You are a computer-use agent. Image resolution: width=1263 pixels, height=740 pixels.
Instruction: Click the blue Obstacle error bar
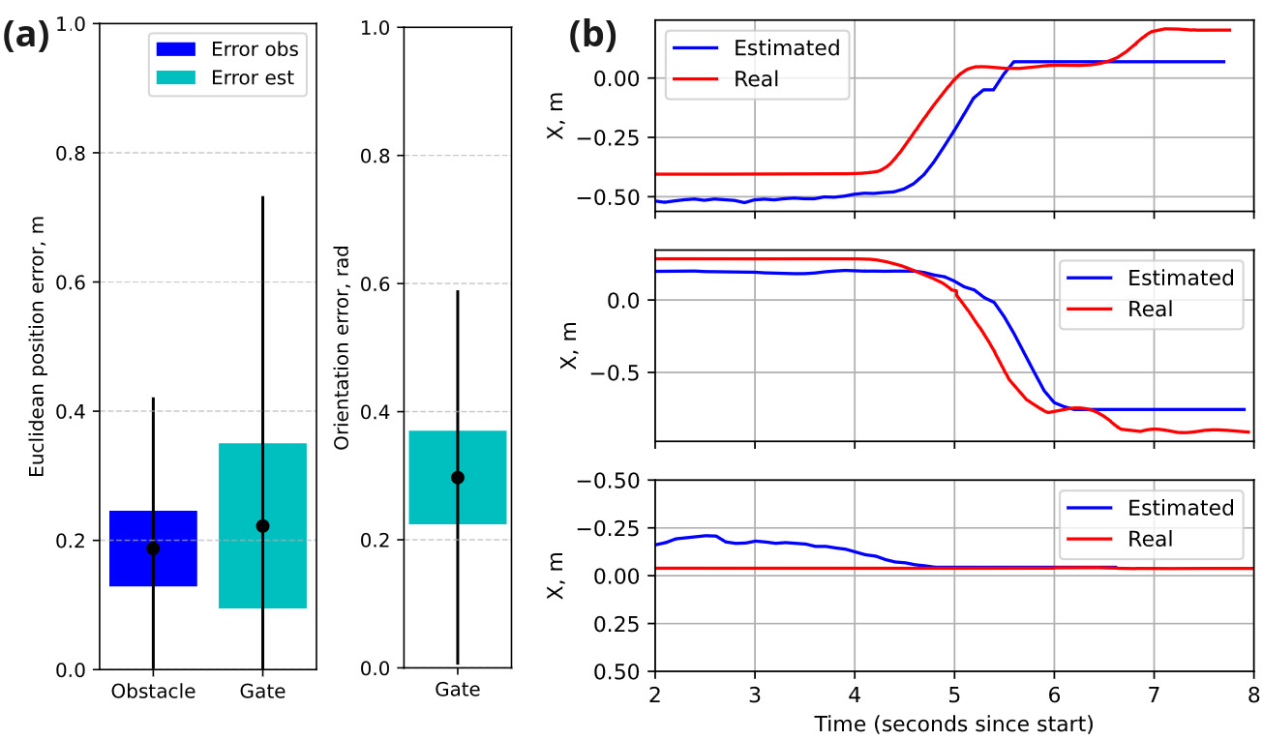coord(153,548)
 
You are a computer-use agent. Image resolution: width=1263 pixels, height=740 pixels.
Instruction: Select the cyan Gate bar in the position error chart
coord(262,526)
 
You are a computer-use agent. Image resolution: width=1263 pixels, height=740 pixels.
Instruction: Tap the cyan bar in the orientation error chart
coord(457,477)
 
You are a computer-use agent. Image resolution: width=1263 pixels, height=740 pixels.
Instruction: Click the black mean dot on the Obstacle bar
coord(153,548)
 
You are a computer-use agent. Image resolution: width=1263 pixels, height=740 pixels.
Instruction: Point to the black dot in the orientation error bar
coord(457,478)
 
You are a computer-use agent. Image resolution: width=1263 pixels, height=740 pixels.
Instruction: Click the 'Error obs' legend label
coord(255,49)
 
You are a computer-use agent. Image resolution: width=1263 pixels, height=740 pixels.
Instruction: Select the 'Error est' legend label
coord(253,77)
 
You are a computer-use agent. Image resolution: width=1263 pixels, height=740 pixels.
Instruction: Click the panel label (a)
coord(26,36)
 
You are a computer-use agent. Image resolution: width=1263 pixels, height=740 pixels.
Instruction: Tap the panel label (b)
coord(592,36)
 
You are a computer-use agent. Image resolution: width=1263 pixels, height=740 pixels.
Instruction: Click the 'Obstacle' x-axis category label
coord(153,691)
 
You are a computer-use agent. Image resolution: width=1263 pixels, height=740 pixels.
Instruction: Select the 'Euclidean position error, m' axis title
coord(37,346)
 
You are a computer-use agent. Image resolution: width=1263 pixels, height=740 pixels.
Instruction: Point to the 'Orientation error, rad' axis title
coord(342,347)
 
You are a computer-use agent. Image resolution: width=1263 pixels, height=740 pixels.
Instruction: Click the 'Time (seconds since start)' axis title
coord(954,724)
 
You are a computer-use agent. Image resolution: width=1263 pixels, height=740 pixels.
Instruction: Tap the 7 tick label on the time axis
coord(1155,695)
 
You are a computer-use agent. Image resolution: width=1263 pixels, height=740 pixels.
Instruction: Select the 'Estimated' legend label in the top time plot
coord(787,48)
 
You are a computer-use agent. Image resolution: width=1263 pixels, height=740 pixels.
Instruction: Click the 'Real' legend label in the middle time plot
coord(1150,309)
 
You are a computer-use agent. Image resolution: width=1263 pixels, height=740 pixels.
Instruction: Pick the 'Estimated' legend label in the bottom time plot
coord(1181,508)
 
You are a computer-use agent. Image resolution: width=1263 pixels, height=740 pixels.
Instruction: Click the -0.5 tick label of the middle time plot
coord(615,372)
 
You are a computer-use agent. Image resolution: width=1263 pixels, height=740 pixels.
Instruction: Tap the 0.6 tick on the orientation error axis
coord(375,283)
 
